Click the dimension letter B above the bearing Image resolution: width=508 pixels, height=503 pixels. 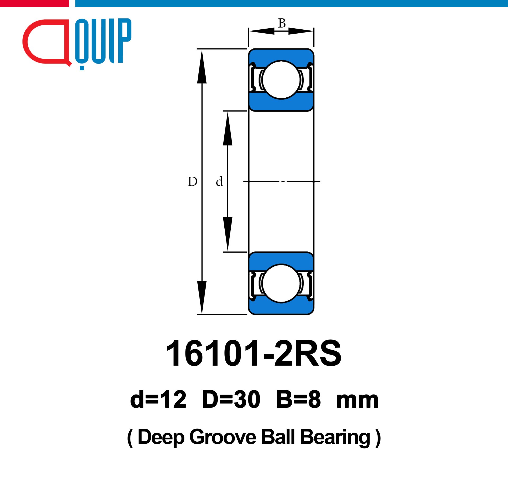[282, 23]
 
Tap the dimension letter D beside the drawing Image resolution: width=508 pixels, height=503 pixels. [192, 182]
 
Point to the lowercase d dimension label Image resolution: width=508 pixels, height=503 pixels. [219, 181]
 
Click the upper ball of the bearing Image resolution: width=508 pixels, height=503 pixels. [281, 80]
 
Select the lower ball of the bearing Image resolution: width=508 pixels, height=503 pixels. [281, 283]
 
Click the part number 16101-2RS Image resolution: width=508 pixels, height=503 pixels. [254, 353]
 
